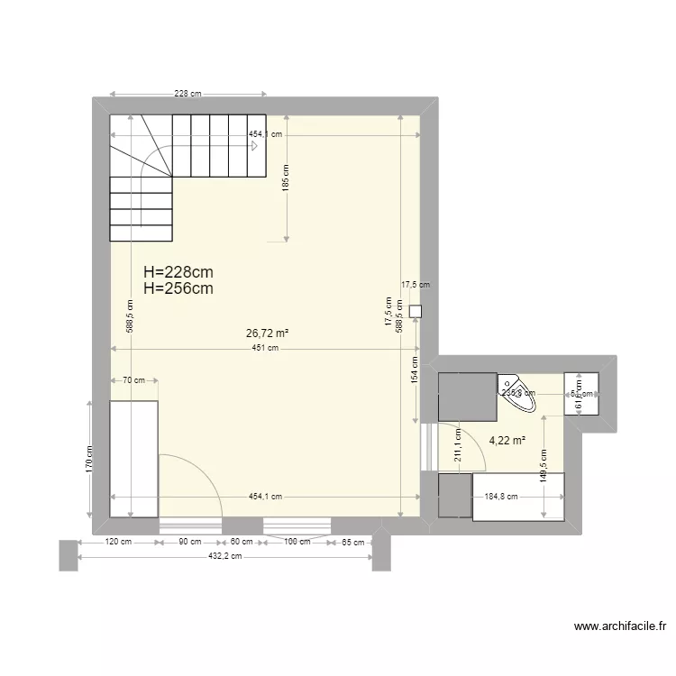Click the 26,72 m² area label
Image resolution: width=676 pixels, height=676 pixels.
[267, 333]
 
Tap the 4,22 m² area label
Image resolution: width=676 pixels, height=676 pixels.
[507, 441]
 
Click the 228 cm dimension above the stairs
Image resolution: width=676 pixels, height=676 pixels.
[187, 93]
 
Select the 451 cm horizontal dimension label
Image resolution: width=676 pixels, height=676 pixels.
[265, 349]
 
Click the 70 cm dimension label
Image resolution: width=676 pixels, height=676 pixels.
[133, 380]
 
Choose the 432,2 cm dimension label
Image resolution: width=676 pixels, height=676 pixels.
[224, 557]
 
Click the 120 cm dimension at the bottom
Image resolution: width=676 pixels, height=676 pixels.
[119, 542]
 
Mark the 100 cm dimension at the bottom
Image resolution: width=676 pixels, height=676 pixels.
[297, 542]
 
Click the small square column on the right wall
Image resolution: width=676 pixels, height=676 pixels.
[415, 312]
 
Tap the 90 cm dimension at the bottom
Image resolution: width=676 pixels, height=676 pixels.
[190, 542]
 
